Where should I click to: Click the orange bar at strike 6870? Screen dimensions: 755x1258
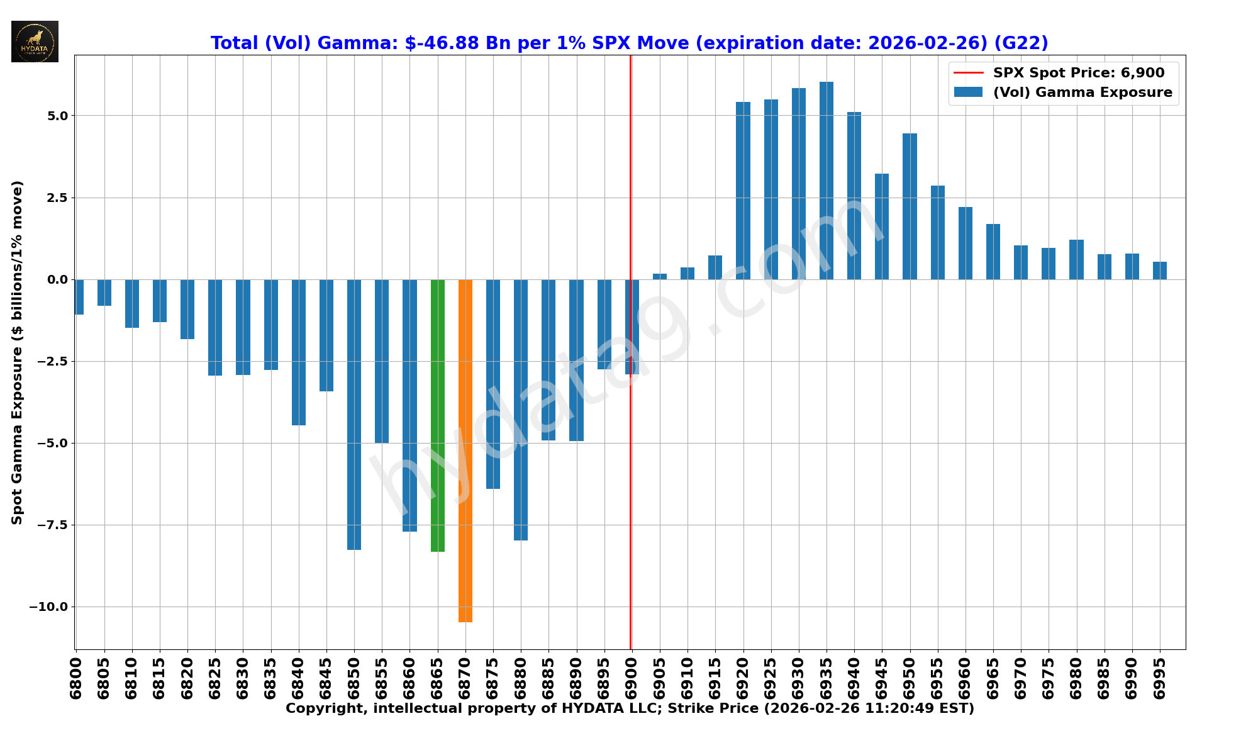[x=465, y=450]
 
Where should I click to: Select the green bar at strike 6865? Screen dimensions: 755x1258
[x=438, y=415]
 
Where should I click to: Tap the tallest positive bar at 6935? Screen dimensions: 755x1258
[x=827, y=181]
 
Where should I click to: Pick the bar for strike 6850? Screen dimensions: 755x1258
[x=354, y=415]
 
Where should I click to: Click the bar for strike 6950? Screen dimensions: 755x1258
[x=910, y=206]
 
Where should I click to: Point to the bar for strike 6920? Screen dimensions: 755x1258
[x=743, y=191]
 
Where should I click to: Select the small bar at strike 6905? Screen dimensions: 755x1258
[x=660, y=276]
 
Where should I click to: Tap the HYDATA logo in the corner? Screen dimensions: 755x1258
[x=35, y=42]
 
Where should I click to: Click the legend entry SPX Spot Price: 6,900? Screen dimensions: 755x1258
[x=1078, y=73]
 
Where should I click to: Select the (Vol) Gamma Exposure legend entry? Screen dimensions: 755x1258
[x=1082, y=92]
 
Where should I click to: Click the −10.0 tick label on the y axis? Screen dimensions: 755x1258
[x=52, y=607]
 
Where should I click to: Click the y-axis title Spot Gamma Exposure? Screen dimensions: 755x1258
[x=18, y=352]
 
